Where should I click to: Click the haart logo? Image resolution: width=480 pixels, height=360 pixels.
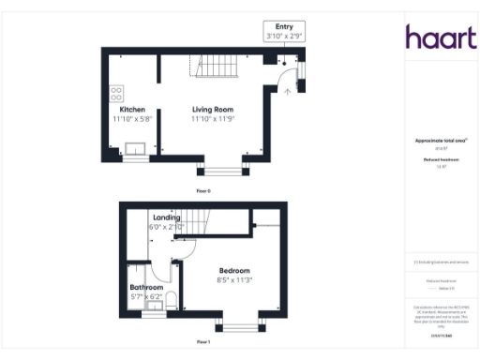coord(435,37)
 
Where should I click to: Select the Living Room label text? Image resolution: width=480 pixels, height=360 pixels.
coord(212,110)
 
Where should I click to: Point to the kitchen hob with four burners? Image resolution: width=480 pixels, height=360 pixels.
coord(117,94)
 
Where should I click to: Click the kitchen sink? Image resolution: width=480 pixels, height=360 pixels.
coord(135,147)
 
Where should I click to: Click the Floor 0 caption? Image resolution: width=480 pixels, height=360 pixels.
coord(203,190)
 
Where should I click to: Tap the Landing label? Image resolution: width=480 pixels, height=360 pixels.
coord(167,217)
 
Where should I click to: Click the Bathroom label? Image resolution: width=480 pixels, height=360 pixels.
coord(147,287)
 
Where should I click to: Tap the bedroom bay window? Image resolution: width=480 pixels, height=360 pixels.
coord(241,326)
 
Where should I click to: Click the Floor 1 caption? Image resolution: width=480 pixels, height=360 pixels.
coord(203,343)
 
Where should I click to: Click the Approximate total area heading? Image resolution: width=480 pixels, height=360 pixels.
coord(435,141)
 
